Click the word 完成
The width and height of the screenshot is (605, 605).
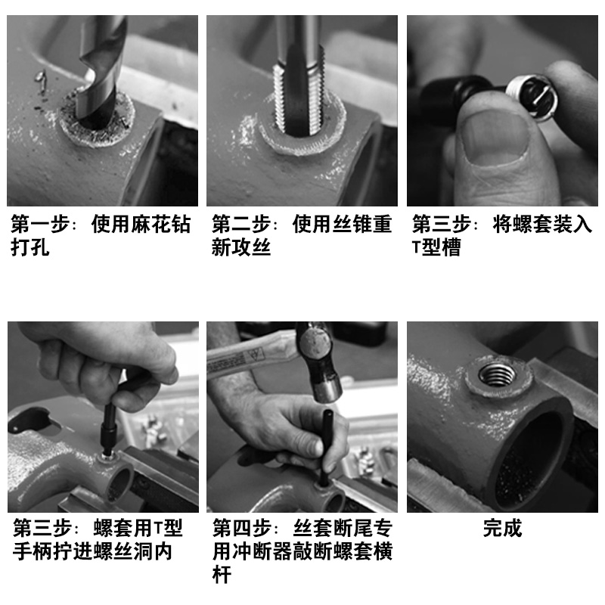coord(502,528)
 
